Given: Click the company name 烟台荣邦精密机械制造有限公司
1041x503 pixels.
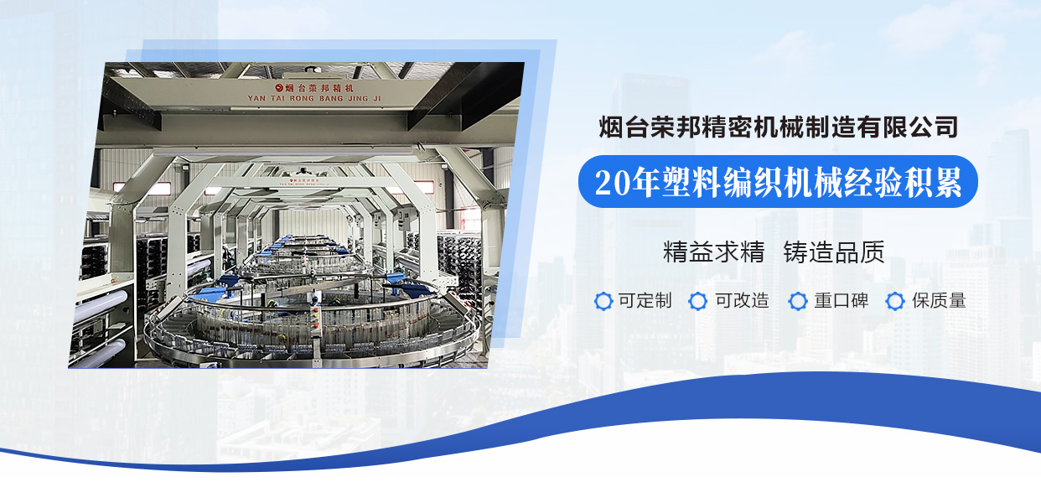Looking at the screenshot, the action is coord(779,127).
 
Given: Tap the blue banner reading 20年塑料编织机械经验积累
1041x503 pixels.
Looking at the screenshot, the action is coord(778,181).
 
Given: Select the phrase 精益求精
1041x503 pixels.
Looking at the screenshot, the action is coord(714,252).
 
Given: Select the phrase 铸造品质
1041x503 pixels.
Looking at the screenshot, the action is coord(834,252).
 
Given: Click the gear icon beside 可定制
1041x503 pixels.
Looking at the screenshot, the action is coord(603,301).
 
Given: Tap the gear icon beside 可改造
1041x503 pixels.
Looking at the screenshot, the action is coord(698,301).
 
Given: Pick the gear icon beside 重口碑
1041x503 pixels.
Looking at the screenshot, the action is coord(798,301).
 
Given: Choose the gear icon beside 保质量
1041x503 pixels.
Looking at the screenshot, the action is coord(895,301).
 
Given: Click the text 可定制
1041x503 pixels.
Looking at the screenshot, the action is coord(645,301).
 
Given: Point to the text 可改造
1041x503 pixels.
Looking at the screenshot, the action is coord(742,301).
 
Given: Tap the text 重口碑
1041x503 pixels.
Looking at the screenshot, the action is coord(842,301).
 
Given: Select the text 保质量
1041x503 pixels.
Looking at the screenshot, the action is coord(940,301).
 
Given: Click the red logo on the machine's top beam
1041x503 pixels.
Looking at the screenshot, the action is coord(279,87).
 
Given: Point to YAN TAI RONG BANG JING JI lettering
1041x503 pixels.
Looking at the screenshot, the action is coord(314,99).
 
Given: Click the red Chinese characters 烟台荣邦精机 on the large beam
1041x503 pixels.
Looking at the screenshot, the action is coord(319,88).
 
